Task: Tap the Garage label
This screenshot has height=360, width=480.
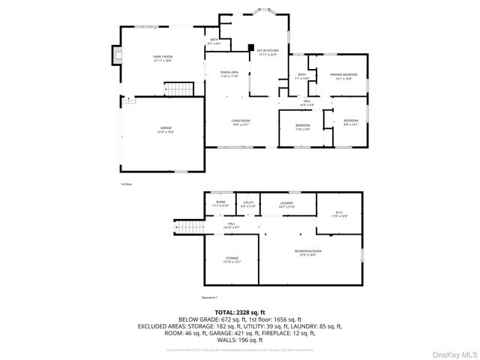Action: (x=165, y=129)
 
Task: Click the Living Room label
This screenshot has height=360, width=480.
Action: (x=240, y=121)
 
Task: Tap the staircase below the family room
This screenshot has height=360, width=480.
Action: (x=181, y=90)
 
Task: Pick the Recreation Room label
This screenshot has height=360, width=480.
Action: (x=307, y=252)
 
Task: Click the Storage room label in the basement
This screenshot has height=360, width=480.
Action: (x=232, y=259)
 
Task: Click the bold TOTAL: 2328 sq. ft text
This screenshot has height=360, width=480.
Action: (x=240, y=311)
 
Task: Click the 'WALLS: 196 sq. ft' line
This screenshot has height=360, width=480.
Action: (x=240, y=340)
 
